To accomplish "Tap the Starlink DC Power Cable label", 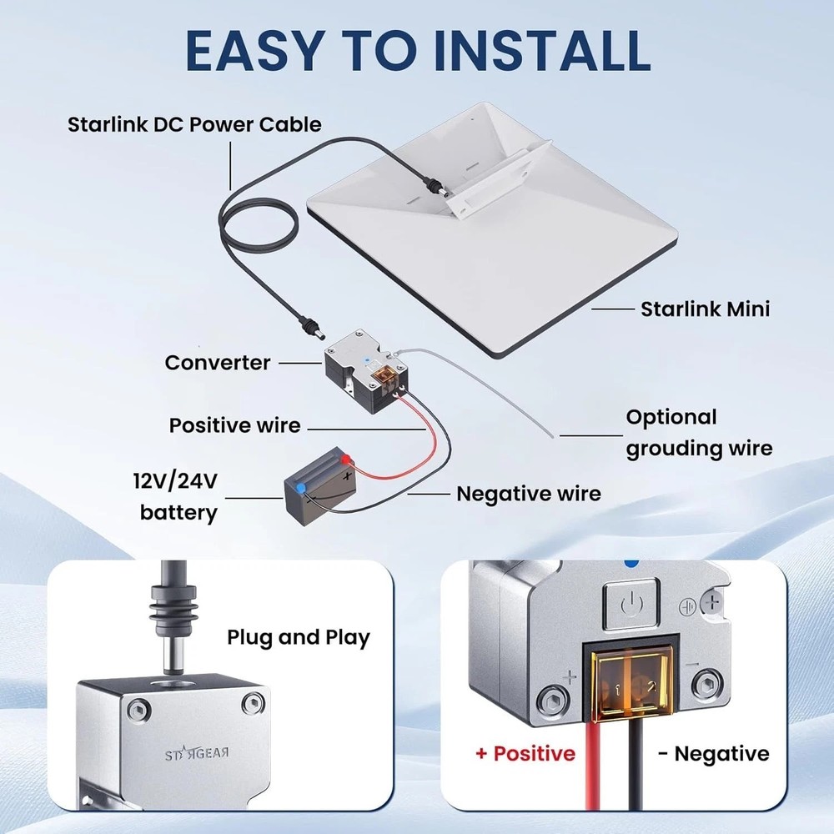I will (x=193, y=125).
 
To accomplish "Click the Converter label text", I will (x=218, y=363).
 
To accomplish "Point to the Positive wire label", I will (x=234, y=425).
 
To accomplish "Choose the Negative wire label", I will (x=528, y=494).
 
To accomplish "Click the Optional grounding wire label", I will (x=699, y=432).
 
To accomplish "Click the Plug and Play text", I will (x=299, y=638).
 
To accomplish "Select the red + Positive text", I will (x=525, y=754).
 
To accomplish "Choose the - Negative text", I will (x=713, y=754).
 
